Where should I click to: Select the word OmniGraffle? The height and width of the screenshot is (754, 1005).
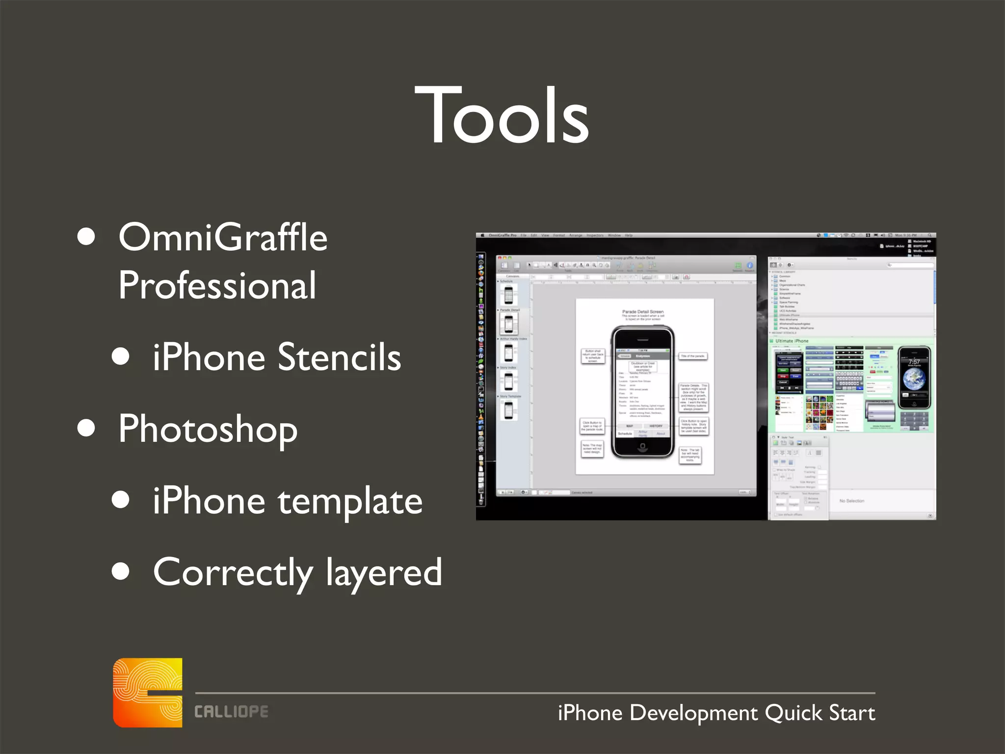pos(223,237)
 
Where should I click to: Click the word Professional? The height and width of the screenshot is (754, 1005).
pos(217,285)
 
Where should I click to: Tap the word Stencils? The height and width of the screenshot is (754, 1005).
pos(339,357)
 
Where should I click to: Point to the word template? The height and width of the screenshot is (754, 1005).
pos(350,501)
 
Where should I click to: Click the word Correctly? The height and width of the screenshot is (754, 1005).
pos(233,572)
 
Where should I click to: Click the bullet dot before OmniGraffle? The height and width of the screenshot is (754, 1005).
pos(86,236)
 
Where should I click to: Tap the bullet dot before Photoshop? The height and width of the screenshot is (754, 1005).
pos(86,428)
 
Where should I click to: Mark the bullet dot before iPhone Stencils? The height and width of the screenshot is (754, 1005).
pos(121,356)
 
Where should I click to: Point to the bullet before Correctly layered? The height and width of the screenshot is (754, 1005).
pos(121,571)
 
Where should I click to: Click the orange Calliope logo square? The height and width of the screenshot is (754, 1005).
pos(148,692)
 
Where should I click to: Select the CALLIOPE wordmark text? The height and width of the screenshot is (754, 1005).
pos(231,712)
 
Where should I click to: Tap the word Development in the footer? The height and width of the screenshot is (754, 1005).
pos(693,713)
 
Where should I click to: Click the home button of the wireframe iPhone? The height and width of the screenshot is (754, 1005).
pos(642,446)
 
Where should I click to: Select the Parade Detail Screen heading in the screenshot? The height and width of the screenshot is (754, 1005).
pos(643,312)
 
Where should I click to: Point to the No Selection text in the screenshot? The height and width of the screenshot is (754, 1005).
pos(851,501)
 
